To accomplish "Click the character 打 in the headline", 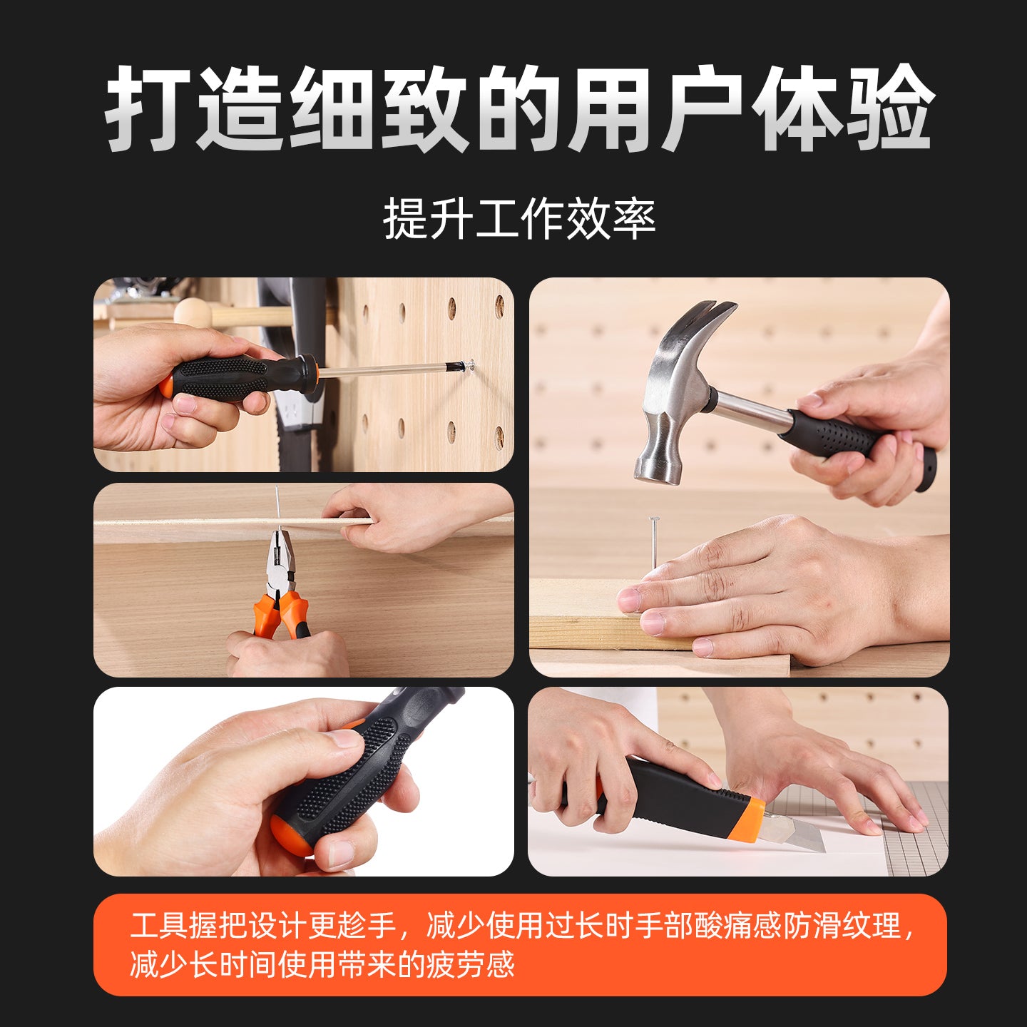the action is [x=148, y=108].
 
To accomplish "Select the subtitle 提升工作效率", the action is [x=519, y=218].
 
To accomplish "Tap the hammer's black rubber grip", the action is [x=858, y=442].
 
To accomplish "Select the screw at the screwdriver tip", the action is [x=469, y=365].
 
